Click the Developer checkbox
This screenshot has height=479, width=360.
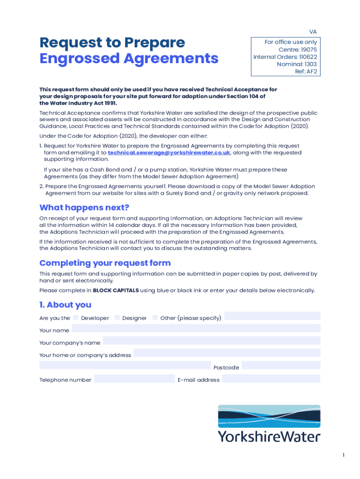coord(76,318)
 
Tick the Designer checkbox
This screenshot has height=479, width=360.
coord(117,318)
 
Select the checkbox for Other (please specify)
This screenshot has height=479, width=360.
coord(155,318)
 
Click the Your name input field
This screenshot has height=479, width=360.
coord(196,328)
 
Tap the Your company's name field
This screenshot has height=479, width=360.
coord(211,341)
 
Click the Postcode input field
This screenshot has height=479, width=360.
coord(281,365)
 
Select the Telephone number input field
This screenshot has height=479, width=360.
coord(134,378)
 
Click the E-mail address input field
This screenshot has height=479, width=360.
coord(271,378)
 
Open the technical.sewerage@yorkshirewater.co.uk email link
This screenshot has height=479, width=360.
coord(169,152)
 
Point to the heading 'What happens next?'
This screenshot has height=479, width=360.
coord(84,207)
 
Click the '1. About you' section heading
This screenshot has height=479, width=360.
coord(65,305)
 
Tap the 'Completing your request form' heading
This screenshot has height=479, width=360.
coord(105,263)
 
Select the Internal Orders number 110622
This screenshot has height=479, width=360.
coord(305,57)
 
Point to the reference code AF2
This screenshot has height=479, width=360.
coord(312,72)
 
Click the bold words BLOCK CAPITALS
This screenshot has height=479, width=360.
coord(115,290)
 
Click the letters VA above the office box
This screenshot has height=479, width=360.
coord(313,32)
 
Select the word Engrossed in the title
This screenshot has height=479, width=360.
coord(76,59)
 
